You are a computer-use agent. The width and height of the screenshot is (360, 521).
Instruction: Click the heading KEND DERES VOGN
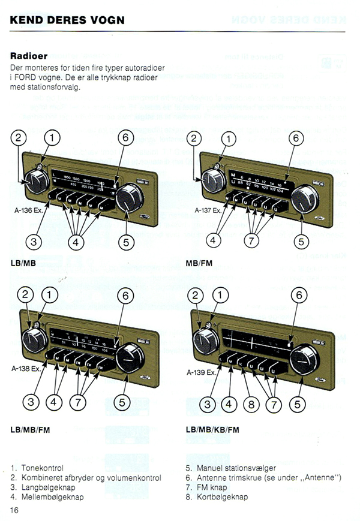(x=67, y=20)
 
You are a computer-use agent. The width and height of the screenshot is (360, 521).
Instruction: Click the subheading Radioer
(x=29, y=56)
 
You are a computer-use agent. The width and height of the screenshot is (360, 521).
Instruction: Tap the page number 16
(x=15, y=509)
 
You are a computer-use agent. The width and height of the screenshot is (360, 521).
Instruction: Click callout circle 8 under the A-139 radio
(x=251, y=403)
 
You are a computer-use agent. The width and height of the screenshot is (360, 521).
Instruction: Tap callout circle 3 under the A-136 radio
(x=35, y=242)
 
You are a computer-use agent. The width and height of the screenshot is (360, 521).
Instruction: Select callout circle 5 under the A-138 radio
(x=124, y=403)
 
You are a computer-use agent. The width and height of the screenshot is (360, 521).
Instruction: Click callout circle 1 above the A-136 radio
(x=53, y=138)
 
